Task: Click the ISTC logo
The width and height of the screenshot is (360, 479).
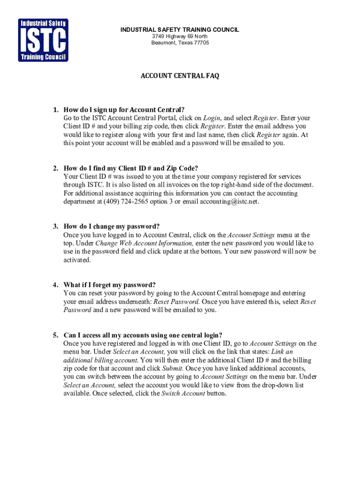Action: click(x=43, y=40)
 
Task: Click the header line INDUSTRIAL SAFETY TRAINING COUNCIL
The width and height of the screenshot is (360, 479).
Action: click(x=180, y=30)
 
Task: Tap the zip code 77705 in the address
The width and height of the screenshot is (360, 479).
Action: click(x=202, y=43)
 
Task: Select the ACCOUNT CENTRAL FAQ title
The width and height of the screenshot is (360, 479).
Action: click(x=180, y=76)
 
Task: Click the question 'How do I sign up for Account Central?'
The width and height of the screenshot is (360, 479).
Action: click(x=124, y=110)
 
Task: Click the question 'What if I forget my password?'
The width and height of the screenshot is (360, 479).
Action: click(x=109, y=285)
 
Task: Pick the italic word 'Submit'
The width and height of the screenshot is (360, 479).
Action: click(x=173, y=369)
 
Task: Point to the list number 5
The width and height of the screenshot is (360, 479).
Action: click(x=55, y=335)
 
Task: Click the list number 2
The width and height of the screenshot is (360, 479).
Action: click(x=55, y=168)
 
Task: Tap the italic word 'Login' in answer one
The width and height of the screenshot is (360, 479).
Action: click(x=212, y=118)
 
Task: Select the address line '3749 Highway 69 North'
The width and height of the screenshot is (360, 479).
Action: click(x=180, y=36)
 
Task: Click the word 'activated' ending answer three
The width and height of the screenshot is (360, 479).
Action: click(x=77, y=260)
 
